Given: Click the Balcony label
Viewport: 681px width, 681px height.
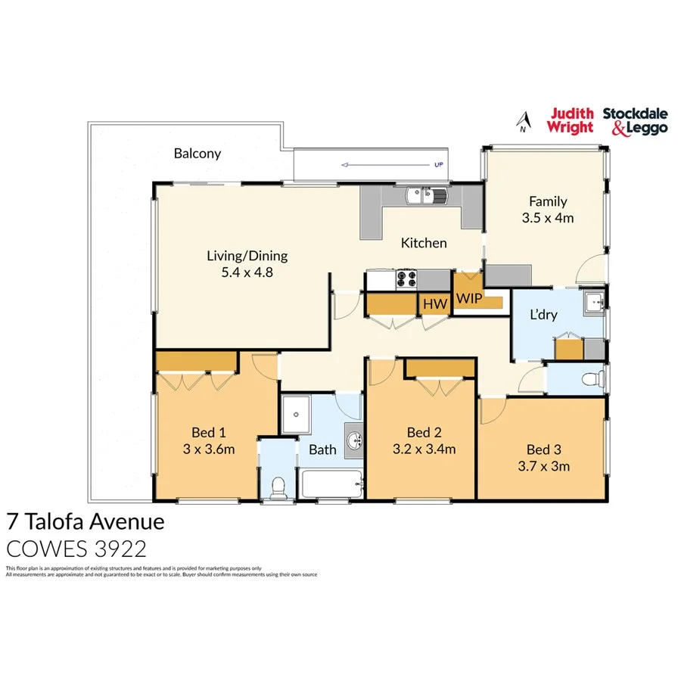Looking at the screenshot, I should point(197,154).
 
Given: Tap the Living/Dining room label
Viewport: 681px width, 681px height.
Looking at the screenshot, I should point(247,256).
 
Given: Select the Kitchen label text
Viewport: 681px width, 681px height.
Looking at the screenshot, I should point(424,243).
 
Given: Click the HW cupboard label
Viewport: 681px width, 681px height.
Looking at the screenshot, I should point(435,304).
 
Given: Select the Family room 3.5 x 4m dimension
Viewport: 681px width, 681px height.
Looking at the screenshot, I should point(548,218).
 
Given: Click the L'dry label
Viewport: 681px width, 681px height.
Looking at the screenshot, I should point(543,314).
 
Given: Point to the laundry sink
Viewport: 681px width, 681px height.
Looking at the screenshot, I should point(594,302).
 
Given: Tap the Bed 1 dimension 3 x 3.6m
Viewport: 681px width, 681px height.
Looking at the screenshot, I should point(209,449).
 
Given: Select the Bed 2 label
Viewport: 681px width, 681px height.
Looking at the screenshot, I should point(424,433).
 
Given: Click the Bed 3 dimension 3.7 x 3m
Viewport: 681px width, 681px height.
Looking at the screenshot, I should point(548,466).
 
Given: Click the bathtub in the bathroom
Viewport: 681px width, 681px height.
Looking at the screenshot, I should point(331,484).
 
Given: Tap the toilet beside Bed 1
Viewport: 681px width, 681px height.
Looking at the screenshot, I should point(278,487).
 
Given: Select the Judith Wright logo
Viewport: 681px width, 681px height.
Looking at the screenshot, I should point(570,120).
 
